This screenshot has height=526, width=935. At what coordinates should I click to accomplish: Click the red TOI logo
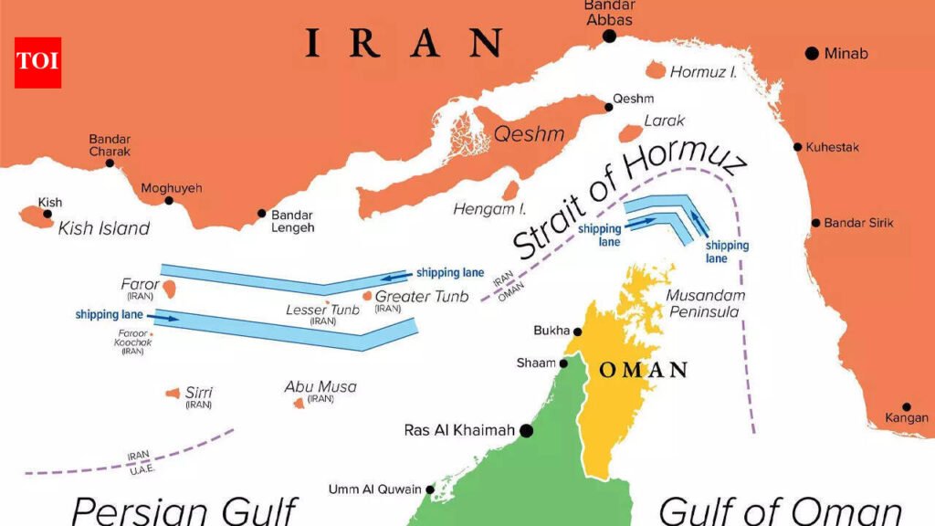point(37,62)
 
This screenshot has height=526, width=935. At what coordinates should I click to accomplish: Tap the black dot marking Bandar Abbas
point(609,37)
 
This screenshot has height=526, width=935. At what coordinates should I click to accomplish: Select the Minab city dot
point(811,54)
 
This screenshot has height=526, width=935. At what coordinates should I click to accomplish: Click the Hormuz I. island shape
point(655,71)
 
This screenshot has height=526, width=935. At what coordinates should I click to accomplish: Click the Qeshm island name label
point(529,134)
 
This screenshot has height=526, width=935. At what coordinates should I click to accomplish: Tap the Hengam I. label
point(483,210)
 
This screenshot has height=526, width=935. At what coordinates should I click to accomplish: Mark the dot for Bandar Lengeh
point(262,213)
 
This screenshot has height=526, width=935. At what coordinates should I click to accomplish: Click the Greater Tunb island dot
point(367,296)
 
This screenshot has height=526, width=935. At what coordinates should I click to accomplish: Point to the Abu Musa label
point(320,386)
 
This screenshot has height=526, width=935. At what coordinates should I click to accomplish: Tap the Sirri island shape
point(173,393)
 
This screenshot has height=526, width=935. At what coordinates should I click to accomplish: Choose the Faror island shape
point(169,289)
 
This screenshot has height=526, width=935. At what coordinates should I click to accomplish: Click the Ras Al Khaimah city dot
point(526,430)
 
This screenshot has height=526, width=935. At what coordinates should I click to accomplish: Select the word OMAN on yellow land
point(642,370)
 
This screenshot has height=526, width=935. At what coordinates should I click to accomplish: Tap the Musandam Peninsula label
point(705,303)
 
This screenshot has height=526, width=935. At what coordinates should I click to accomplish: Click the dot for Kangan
point(907,407)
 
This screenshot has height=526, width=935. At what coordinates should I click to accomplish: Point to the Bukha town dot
point(577,331)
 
